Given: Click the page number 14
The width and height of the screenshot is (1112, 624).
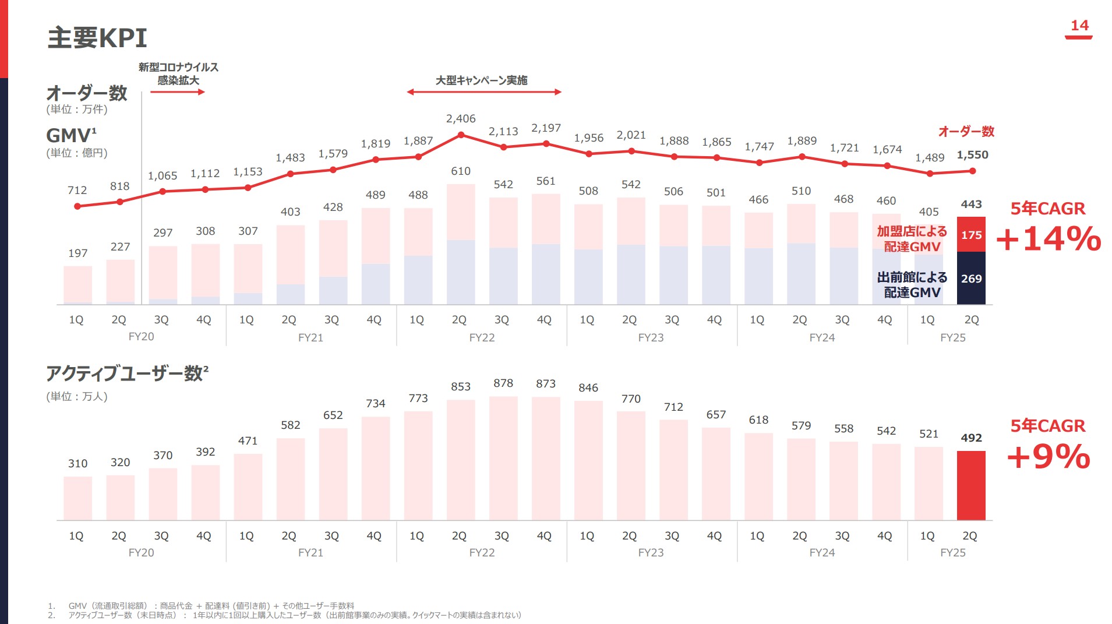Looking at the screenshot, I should pos(1079,26).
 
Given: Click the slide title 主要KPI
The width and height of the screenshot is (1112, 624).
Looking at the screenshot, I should pos(97,38).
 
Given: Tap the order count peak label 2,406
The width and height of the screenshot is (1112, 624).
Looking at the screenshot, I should pos(461,119).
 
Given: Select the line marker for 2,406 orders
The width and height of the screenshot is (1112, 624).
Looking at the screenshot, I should pos(461,135).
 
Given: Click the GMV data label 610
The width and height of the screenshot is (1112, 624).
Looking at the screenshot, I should pos(461,171).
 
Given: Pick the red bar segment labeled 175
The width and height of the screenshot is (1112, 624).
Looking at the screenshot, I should pos(971,235).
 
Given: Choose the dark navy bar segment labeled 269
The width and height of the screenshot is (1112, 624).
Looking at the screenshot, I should pos(971,278).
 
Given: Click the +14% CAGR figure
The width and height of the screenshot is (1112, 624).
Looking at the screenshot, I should pos(1049,239).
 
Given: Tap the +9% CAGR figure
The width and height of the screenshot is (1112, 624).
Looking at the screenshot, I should pos(1049,456).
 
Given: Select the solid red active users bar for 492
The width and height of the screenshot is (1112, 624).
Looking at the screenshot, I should pos(971,485).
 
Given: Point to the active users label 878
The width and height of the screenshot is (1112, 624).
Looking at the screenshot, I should pos(503,383).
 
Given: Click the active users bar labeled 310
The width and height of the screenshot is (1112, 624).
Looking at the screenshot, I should pos(77,498).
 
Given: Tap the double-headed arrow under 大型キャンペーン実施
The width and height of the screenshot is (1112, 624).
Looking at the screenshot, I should pos(483,92).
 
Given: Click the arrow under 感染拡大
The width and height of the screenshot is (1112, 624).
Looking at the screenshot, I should pos(178,92).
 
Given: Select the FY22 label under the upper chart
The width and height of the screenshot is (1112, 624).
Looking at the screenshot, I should pos(482,338).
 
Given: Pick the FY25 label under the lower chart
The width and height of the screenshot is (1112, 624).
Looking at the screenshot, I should pos(952,553).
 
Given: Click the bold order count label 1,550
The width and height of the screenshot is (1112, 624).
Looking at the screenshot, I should pos(972,155).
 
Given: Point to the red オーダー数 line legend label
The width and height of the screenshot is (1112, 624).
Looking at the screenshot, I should pos(966,132).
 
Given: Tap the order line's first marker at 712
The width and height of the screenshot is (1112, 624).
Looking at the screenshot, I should pos(77,206).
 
